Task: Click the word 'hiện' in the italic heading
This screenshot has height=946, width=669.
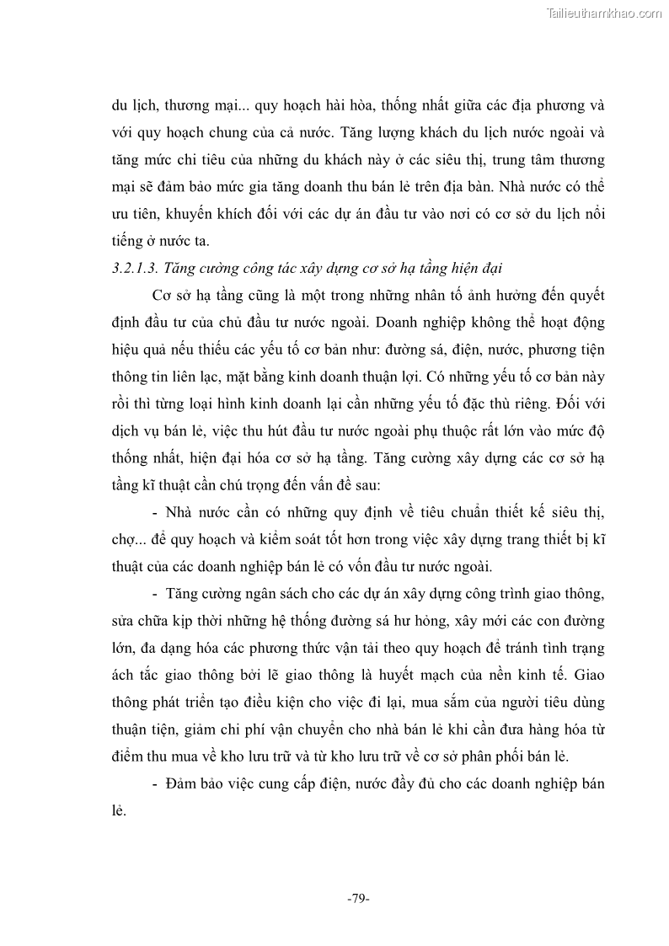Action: point(455,269)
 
